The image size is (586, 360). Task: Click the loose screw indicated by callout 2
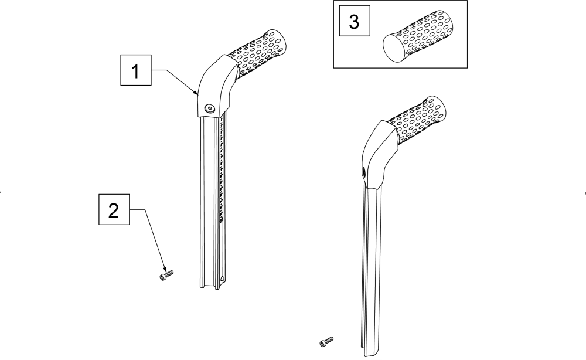click(x=166, y=275)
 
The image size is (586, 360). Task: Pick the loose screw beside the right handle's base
click(x=326, y=341)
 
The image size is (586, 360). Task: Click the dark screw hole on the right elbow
click(x=363, y=172)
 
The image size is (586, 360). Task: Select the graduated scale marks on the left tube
click(x=222, y=170)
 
